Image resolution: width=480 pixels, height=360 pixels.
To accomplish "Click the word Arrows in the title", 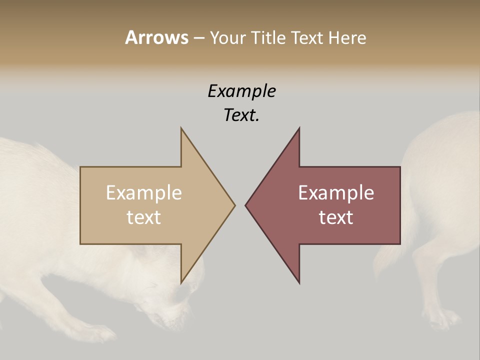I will click(156, 37).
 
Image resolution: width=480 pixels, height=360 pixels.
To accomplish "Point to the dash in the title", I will click(198, 38).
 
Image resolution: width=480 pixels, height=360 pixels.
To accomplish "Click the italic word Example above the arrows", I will click(241, 91).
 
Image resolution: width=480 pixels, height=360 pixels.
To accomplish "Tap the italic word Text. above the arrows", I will click(241, 115).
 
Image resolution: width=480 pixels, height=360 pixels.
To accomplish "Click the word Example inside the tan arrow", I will click(144, 193).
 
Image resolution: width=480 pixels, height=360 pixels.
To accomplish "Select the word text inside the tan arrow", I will click(144, 217).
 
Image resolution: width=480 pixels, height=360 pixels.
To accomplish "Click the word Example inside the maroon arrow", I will click(336, 193).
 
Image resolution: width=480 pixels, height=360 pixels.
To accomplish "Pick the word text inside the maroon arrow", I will click(336, 217).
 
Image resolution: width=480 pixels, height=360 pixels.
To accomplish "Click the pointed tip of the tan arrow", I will click(234, 205).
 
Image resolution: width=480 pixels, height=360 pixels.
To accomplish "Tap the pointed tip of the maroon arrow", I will click(246, 205).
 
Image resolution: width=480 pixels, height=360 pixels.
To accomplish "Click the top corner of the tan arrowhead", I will click(181, 128).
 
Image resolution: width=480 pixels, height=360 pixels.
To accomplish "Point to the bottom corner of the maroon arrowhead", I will click(299, 283).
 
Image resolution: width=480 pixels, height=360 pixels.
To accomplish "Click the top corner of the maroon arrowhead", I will click(299, 128).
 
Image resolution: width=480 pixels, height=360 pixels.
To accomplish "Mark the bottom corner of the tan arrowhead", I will click(181, 283).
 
